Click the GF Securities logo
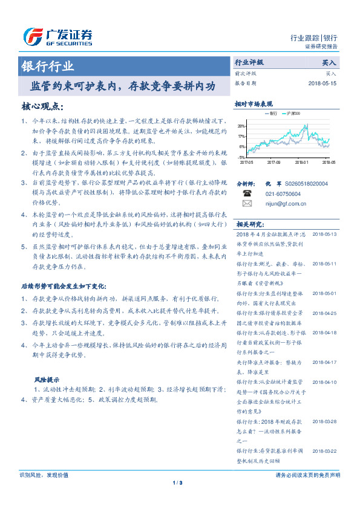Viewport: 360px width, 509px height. click(57, 36)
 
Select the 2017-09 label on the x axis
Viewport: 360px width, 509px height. click(273, 162)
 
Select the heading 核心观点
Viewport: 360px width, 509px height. click(42, 106)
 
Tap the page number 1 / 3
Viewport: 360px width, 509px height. click(177, 482)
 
